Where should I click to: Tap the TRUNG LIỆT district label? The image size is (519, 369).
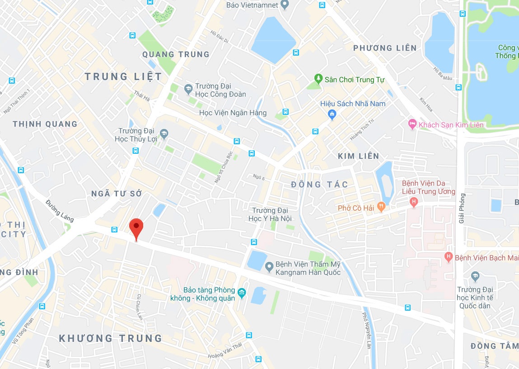pos(123,77)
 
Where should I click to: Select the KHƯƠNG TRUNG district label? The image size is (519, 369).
pos(111,338)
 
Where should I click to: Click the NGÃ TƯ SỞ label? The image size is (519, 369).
pos(117,194)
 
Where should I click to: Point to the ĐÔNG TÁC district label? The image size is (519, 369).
pos(320,184)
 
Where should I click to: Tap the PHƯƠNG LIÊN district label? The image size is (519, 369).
pos(385,48)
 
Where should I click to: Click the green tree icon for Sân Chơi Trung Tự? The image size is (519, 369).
pos(318,79)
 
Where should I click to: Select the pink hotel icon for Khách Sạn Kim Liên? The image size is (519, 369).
pos(411,124)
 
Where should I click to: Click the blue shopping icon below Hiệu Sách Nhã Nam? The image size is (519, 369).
pos(332,114)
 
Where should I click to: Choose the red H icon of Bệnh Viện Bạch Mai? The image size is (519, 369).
pos(448,257)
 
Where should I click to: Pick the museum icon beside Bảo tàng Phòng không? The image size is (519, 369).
pos(242,293)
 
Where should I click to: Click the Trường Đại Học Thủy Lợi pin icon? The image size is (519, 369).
pos(164,133)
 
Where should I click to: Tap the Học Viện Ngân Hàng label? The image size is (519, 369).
pos(233,113)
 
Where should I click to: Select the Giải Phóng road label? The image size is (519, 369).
pos(462,208)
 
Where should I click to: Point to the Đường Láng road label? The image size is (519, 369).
pos(59,211)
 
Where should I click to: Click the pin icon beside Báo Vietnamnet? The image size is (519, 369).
pos(284,5)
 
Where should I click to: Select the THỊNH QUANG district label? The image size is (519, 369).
pos(45,124)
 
